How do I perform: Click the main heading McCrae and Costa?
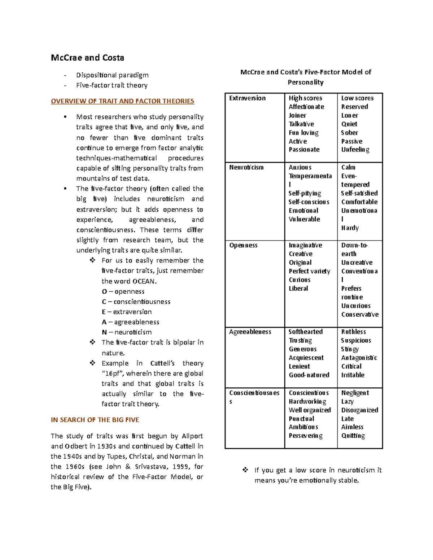point(87,58)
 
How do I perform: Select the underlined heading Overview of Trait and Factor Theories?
point(122,101)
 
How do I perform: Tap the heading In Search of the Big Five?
point(95,420)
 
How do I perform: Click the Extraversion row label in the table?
point(247,98)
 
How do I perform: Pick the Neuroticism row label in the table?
point(246,167)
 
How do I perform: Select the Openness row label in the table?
point(243,245)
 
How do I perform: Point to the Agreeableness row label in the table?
point(250,332)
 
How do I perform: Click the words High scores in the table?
point(305,98)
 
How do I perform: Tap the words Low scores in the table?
point(357,98)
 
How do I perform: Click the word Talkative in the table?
point(301,124)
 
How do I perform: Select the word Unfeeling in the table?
point(355,150)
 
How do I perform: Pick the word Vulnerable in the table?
point(304,219)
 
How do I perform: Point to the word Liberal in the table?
point(298,288)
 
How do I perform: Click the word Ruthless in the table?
point(354,332)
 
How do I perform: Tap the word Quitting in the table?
point(353,436)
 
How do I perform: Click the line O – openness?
point(123,291)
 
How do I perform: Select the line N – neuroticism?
point(127,332)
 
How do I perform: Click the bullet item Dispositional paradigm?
point(112,75)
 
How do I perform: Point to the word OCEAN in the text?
point(144,281)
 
